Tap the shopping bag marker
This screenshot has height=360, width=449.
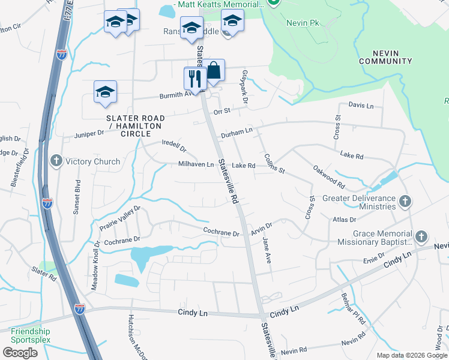[x=213, y=70]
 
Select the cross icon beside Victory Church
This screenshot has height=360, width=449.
[x=56, y=161]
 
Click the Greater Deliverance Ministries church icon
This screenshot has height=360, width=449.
[x=405, y=201]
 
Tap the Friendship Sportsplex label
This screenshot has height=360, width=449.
[x=30, y=335]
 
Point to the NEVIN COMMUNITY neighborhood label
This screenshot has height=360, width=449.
[x=385, y=57]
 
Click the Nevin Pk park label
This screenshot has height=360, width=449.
[x=301, y=23]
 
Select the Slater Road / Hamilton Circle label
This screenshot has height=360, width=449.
[x=134, y=126]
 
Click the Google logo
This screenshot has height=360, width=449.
[x=20, y=352]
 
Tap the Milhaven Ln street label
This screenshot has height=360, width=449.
[x=196, y=164]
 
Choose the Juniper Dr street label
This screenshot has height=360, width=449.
[x=89, y=134]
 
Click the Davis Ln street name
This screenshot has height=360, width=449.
[x=361, y=106]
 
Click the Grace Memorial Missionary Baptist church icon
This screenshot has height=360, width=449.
[x=421, y=236]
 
